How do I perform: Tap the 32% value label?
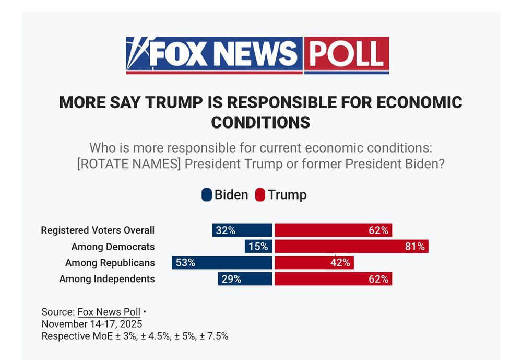point(226,230)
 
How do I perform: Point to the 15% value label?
point(258,247)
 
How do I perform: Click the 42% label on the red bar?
point(340,263)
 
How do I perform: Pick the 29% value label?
point(231,279)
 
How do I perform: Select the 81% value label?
point(415,247)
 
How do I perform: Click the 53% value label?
point(185,263)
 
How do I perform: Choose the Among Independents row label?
point(107,279)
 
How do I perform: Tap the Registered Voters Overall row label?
point(98,230)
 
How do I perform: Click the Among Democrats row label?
point(113,247)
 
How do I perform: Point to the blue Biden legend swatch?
point(207,195)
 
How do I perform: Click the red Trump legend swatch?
point(260,195)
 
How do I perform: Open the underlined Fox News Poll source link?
point(109,312)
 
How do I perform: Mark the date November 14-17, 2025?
point(92,324)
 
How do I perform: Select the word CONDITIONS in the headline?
point(260,122)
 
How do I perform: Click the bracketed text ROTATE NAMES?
point(129,164)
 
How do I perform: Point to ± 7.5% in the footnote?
point(214,336)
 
